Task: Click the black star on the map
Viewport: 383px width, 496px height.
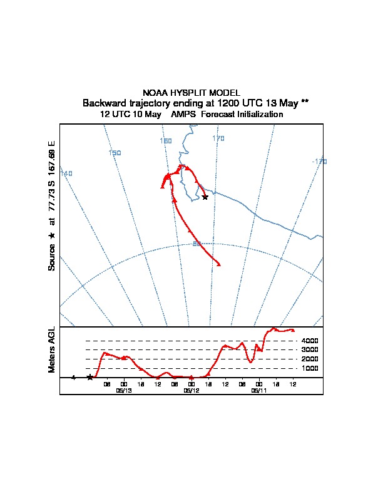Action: coord(205,197)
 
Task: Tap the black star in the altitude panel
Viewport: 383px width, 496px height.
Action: coord(90,377)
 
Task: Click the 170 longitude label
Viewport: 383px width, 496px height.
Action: coord(218,138)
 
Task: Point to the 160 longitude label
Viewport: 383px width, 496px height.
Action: coord(166,141)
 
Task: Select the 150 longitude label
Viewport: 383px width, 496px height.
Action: coord(115,153)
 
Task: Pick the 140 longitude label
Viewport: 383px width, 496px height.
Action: coord(66,173)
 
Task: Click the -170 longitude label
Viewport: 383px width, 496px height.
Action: coord(319,162)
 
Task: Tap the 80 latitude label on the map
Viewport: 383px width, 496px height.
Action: coord(197,244)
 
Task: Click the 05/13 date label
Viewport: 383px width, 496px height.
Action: coord(124,390)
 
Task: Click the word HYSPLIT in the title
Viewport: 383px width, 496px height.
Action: coord(191,93)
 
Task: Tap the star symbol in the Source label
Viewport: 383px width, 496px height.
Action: coord(51,235)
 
